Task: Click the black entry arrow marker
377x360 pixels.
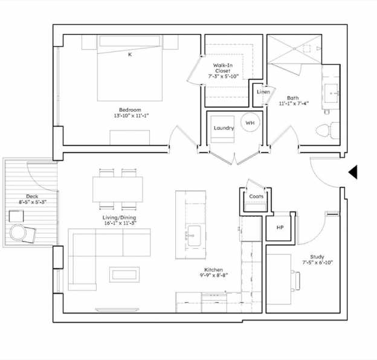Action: click(x=353, y=172)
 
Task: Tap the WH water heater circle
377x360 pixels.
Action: click(x=250, y=123)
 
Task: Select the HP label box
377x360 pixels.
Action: click(x=280, y=227)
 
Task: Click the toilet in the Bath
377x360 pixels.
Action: click(x=327, y=130)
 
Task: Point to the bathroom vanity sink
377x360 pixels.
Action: click(x=332, y=92)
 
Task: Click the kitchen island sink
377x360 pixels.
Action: click(x=194, y=236)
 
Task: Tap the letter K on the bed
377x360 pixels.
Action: click(x=130, y=54)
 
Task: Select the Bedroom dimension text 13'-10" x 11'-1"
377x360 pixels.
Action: click(x=131, y=115)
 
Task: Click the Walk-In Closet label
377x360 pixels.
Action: click(x=223, y=68)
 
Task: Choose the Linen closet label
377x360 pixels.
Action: click(x=263, y=92)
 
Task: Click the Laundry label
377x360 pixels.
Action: click(x=224, y=128)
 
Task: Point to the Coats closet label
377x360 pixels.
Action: click(x=256, y=196)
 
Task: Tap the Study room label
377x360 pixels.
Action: click(x=317, y=257)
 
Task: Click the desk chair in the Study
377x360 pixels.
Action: click(x=295, y=280)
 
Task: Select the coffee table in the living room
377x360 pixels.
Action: click(x=124, y=274)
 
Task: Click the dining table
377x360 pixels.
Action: click(x=118, y=190)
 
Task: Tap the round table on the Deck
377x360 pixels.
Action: click(x=18, y=232)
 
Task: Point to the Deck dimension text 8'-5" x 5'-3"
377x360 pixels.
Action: click(x=33, y=202)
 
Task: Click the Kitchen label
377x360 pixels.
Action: click(x=213, y=269)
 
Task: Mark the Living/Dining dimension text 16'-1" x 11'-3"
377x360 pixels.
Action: click(x=120, y=223)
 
